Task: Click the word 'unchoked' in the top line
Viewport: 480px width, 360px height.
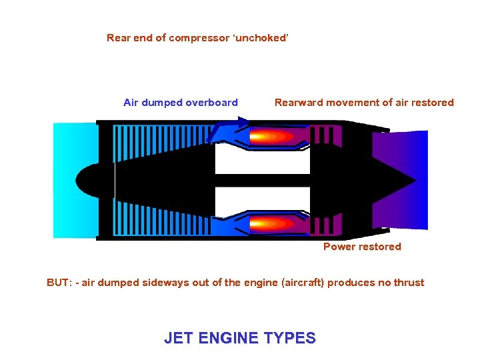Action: pyautogui.click(x=263, y=38)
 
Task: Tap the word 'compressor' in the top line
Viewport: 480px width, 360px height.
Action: pyautogui.click(x=197, y=38)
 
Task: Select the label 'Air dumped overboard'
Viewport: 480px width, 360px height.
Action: pyautogui.click(x=181, y=103)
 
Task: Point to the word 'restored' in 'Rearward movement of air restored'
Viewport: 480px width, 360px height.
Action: pyautogui.click(x=433, y=103)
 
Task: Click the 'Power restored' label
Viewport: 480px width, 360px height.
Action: pyautogui.click(x=362, y=247)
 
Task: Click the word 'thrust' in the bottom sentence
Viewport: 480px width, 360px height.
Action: pyautogui.click(x=409, y=283)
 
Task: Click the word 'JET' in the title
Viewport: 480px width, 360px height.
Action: pyautogui.click(x=178, y=338)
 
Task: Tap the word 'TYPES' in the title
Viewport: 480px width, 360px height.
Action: pyautogui.click(x=290, y=338)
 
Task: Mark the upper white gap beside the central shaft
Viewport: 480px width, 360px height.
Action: pyautogui.click(x=262, y=160)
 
